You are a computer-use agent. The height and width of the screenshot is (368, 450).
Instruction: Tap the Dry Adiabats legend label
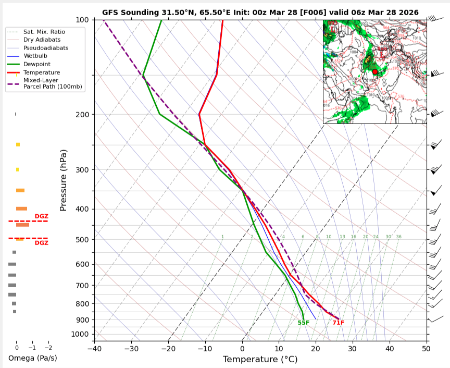41,40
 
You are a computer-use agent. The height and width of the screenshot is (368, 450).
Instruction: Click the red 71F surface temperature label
339,323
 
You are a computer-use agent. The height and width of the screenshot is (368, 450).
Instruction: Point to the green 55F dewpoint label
304,323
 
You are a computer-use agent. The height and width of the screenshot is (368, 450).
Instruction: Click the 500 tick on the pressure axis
83,239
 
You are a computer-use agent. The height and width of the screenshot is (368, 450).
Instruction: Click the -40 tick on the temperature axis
94,349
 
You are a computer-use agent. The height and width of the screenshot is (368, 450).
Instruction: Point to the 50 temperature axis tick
426,349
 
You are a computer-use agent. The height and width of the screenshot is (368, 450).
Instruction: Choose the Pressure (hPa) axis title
64,180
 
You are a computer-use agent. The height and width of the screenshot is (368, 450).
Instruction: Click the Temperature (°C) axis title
260,359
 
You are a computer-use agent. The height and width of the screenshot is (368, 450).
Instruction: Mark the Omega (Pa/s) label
32,358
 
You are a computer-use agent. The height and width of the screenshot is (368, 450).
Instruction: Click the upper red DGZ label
42,216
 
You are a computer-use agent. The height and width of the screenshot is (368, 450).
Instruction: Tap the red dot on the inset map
375,72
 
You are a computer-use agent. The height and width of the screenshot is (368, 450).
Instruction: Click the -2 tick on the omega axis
48,348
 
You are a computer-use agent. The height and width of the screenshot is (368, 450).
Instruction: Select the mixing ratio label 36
398,237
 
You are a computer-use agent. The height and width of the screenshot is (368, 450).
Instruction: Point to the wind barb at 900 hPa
435,319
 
